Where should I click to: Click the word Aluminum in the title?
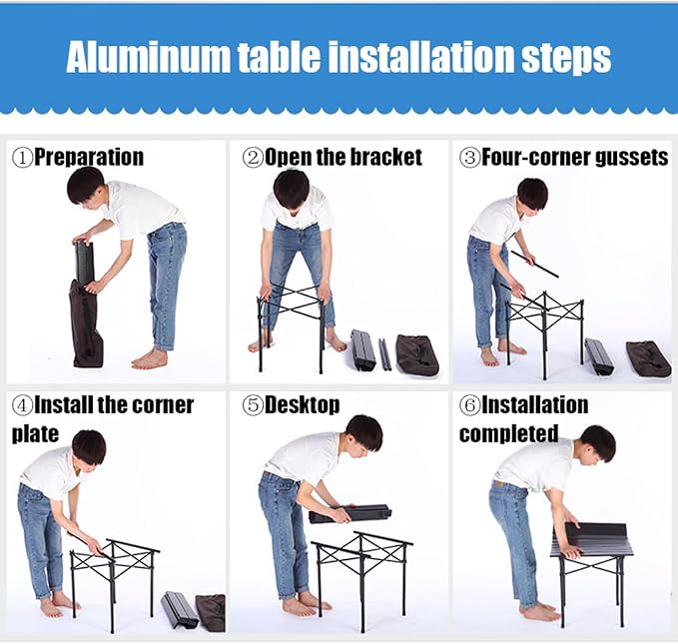click(148, 57)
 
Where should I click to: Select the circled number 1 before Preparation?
click(23, 158)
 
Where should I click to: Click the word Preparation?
click(89, 158)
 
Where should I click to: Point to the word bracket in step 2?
click(385, 157)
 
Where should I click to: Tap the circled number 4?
click(23, 405)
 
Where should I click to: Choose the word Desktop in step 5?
click(302, 405)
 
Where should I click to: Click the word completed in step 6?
click(508, 433)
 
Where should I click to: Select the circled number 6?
click(470, 405)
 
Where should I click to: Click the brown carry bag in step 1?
click(86, 323)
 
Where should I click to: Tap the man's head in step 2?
click(292, 189)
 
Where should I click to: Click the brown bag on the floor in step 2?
click(417, 354)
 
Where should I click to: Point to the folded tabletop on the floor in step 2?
click(363, 349)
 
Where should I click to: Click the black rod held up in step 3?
click(534, 264)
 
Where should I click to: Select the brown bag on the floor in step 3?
click(649, 358)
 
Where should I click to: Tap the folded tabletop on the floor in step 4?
click(180, 610)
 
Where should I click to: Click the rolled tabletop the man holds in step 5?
click(350, 513)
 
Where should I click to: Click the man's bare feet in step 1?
click(150, 358)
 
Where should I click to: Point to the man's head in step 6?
click(597, 443)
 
